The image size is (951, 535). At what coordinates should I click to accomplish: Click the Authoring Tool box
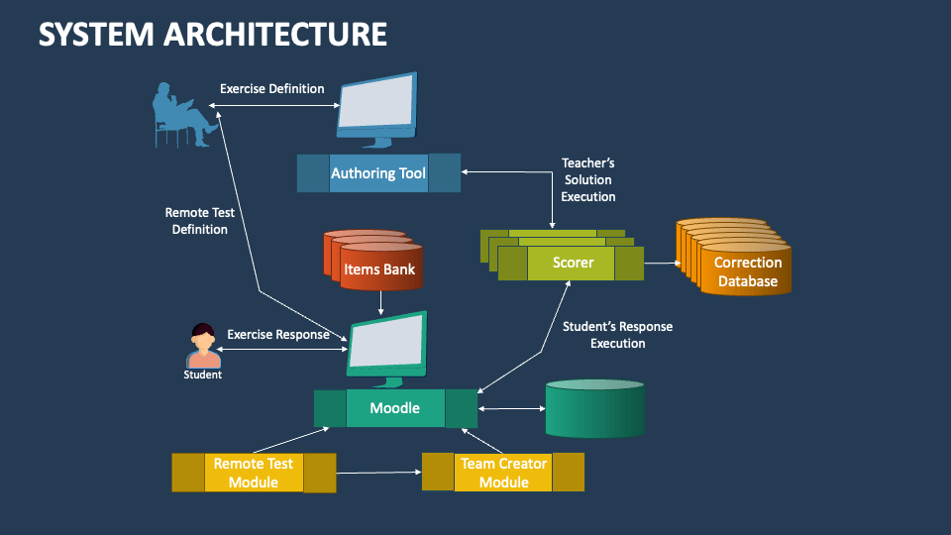[378, 173]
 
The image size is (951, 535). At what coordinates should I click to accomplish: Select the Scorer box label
[573, 263]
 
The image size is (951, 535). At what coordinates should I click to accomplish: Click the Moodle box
[395, 408]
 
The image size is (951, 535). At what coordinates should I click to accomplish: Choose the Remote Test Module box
[254, 473]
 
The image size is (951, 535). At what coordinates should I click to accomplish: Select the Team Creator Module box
[503, 473]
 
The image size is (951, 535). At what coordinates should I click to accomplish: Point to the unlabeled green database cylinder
[594, 408]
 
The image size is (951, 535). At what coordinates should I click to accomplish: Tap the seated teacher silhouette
[184, 114]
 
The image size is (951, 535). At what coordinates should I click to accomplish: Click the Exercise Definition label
[271, 89]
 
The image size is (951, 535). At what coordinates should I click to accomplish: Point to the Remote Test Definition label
[199, 221]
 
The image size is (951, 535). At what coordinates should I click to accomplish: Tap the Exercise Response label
[278, 335]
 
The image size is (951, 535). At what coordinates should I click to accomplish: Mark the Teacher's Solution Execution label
[588, 179]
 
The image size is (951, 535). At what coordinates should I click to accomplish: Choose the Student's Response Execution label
[617, 335]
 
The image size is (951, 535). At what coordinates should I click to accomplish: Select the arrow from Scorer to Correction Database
[663, 264]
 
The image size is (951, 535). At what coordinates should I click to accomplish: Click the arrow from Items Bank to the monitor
[382, 301]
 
